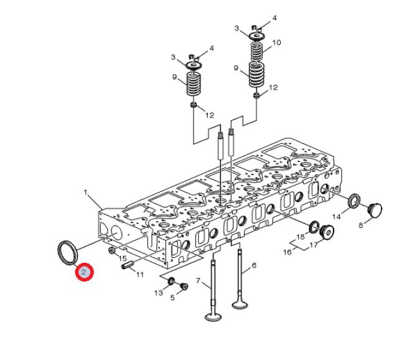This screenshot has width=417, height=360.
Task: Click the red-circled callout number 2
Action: pos(84,272)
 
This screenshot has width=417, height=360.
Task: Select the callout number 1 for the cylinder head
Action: pos(86,192)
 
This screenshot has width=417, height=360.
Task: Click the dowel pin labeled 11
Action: pos(127,265)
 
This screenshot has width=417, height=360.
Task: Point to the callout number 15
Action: pos(123,258)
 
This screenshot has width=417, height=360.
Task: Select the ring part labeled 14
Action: pos(354,201)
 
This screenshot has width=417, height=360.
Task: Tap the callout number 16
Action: pos(287,252)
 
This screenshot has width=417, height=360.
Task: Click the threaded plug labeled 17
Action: pos(327,232)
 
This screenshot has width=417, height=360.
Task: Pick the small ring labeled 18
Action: pos(314,227)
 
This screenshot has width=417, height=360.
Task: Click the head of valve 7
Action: pos(213,316)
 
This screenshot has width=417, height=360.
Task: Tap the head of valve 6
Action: pos(240,304)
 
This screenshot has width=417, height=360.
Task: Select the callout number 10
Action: pos(276,42)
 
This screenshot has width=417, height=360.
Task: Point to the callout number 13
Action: pos(159,293)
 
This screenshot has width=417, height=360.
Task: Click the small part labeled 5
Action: pos(184,287)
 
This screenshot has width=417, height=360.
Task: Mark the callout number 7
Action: pos(198,281)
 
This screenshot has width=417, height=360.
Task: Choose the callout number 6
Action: pos(254,265)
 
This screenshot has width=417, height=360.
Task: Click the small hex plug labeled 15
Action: pos(112,250)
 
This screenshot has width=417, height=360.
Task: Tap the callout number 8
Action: pos(360,225)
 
